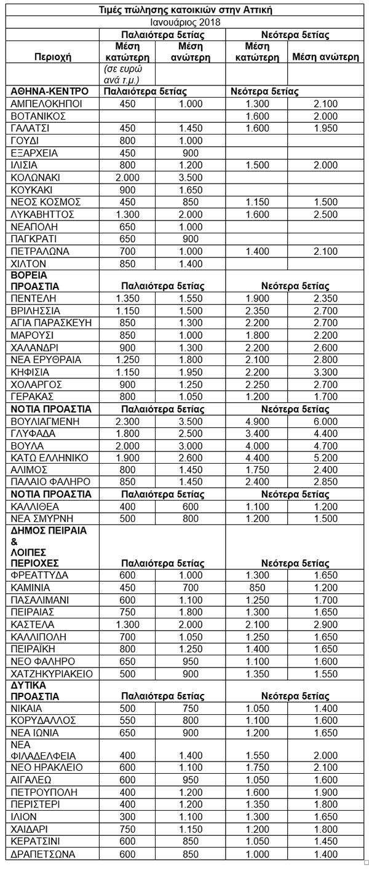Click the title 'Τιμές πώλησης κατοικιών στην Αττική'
coord(185,10)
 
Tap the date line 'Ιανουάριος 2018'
coord(185,22)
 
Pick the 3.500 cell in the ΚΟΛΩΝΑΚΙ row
coord(191,177)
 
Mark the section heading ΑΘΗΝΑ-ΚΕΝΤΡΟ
coord(50,91)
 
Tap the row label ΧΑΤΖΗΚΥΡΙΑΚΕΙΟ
coord(52,674)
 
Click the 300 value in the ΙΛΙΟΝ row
coord(128,816)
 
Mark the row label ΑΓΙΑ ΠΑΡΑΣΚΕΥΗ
coord(52,322)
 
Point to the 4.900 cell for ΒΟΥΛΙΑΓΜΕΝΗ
coord(256,421)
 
